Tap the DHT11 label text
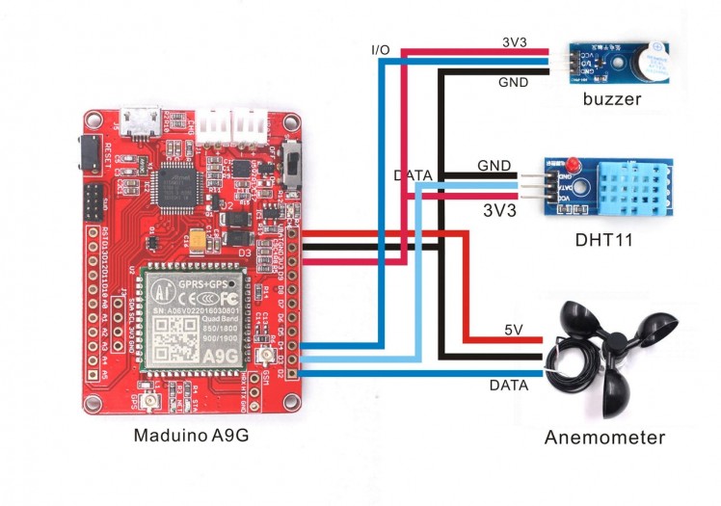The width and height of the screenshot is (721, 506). pos(601,238)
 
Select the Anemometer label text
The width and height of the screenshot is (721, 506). pos(604,438)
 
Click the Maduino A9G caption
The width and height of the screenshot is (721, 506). pos(191,435)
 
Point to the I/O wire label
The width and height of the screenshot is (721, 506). pos(381,49)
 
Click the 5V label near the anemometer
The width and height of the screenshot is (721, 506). pos(514,331)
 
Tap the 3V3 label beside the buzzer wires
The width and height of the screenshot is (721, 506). pos(513,43)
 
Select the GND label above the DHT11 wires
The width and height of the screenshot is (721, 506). pos(494,166)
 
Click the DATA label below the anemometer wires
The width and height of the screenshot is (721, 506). pos(509,386)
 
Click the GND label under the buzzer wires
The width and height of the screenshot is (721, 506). pos(513,83)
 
